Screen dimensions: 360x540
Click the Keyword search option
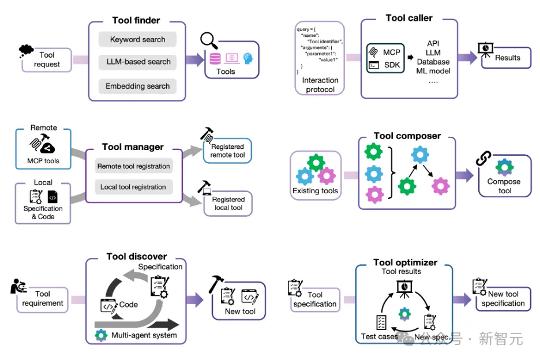(137, 40)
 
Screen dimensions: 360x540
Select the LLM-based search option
(138, 62)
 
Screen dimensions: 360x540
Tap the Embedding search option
(137, 87)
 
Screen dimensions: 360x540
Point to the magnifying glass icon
(208, 41)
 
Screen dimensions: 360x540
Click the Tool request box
(47, 60)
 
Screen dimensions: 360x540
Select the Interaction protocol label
(320, 85)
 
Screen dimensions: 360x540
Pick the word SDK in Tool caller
(392, 65)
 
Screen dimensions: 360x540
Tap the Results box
(507, 58)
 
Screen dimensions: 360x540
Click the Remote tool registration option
(133, 166)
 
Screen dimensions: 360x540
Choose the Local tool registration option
(133, 187)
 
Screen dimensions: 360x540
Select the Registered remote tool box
(227, 151)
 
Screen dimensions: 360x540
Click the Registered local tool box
(228, 203)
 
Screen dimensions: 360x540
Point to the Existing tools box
(316, 175)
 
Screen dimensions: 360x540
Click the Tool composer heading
(407, 136)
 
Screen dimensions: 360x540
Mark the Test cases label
(379, 336)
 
